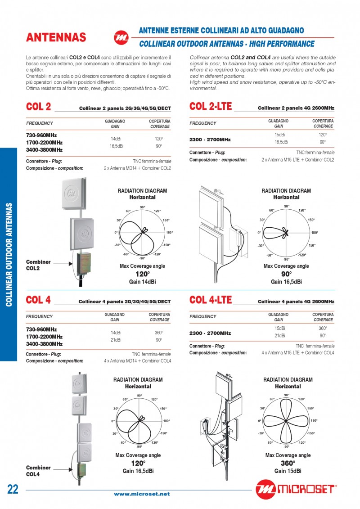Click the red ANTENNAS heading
point(56,38)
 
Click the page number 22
point(13,490)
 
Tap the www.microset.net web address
point(142,494)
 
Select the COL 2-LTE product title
point(211,107)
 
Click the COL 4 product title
point(38,300)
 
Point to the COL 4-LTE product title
point(211,300)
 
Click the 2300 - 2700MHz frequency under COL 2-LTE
point(210,140)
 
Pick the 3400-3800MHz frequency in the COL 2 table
point(44,150)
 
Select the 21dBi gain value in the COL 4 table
point(116,340)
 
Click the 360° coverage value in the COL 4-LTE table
point(323,328)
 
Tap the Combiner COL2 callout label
point(38,265)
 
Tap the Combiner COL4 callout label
point(38,471)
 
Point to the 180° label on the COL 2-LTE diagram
point(315,233)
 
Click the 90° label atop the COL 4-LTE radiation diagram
point(287,395)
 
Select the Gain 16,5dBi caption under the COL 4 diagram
point(138,471)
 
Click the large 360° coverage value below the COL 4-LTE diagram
point(288,463)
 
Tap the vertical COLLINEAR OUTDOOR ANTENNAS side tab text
point(9,254)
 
